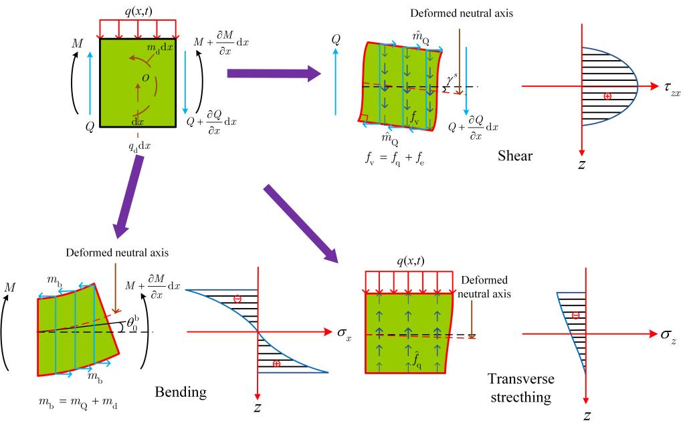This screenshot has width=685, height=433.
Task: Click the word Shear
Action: (516, 156)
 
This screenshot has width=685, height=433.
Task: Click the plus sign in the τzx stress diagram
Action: (607, 96)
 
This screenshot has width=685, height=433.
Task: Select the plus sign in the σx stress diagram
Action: (276, 364)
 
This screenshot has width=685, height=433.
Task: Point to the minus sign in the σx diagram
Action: (237, 299)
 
